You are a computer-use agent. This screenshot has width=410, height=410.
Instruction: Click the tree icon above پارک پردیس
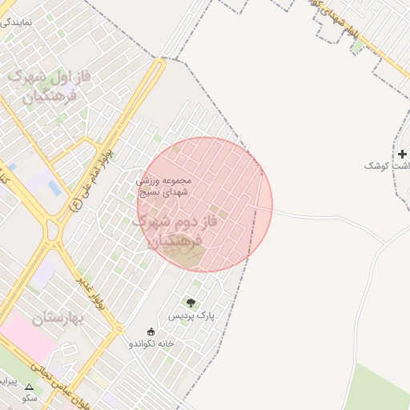coord(191,303)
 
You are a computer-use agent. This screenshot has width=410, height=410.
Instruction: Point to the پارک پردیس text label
coord(191,317)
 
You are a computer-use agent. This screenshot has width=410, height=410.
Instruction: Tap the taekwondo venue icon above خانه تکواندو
coord(151,332)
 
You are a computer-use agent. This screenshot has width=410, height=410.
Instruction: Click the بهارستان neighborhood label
coord(59,319)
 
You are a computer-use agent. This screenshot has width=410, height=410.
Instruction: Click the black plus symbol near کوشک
coord(402,153)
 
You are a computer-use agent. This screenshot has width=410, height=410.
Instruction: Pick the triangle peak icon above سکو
coord(30,386)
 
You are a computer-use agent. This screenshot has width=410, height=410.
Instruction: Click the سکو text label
coord(30,397)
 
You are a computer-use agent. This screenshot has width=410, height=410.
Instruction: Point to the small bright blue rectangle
coord(54,187)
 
